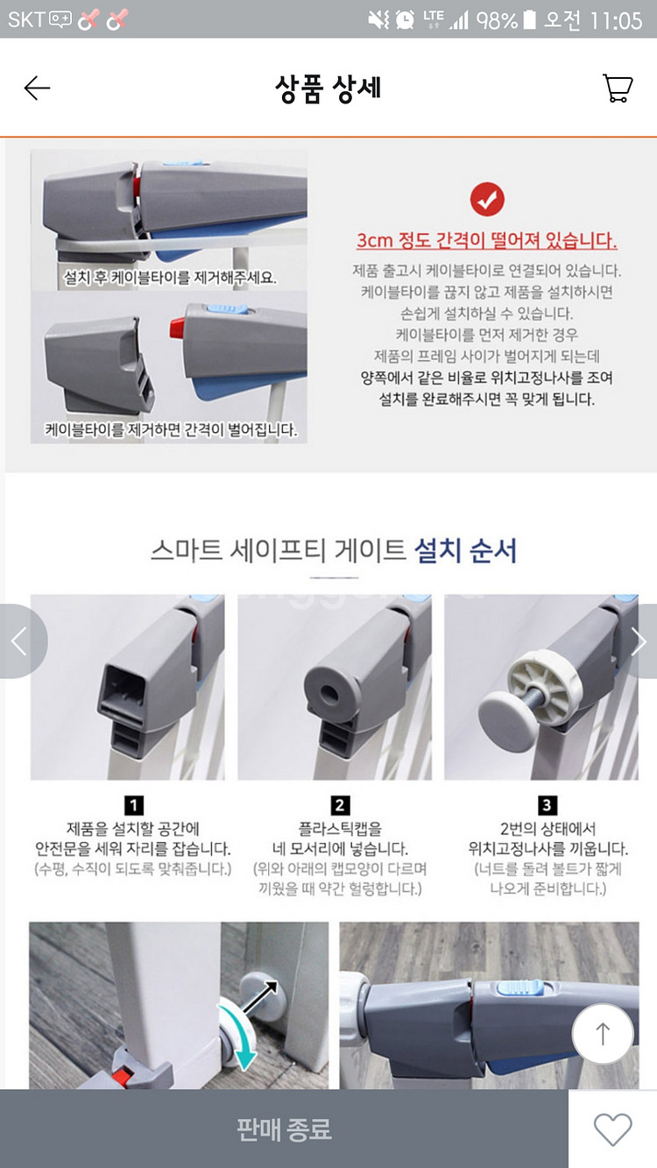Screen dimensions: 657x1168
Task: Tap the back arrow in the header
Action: [x=37, y=88]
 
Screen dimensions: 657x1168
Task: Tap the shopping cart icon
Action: [x=618, y=88]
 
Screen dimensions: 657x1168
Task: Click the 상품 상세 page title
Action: [x=328, y=88]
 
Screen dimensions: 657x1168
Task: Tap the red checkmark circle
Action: [x=487, y=199]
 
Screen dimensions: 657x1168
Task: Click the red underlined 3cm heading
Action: [x=486, y=240]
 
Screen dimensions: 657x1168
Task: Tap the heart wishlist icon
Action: [x=612, y=1129]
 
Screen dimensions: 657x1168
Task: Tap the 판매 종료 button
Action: [x=284, y=1129]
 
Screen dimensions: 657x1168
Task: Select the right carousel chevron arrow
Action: [x=639, y=641]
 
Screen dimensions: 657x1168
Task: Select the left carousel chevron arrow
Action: [x=18, y=641]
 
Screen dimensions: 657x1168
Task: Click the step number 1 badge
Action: [x=133, y=805]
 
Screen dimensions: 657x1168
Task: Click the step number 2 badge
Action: [x=340, y=805]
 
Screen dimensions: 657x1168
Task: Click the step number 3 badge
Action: [x=547, y=805]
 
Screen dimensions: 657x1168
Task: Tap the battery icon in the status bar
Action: [x=529, y=20]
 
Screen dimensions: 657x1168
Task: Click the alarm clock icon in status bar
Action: [x=405, y=20]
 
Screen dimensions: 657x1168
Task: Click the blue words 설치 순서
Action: [x=465, y=550]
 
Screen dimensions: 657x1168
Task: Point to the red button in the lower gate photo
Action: [x=124, y=1075]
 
